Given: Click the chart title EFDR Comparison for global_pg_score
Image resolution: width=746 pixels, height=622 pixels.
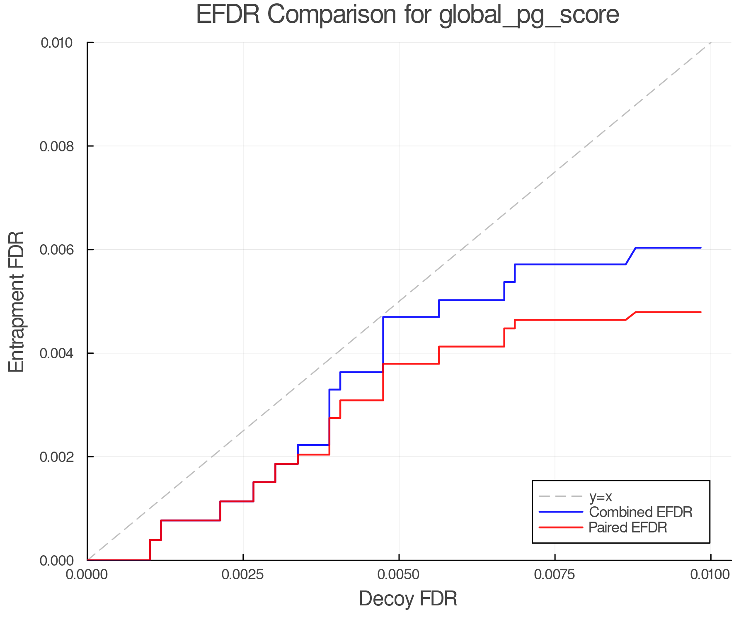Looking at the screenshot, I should point(407,15).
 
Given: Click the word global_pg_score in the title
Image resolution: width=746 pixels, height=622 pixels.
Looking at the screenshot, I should point(529,15).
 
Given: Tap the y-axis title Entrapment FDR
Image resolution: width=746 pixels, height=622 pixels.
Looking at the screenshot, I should point(17,301).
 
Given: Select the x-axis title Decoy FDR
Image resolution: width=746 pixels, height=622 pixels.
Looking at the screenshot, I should point(408,599).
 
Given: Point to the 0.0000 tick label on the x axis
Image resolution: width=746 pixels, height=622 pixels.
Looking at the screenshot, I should point(87,575).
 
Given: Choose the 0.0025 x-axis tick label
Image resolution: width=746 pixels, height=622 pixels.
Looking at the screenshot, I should point(243,575).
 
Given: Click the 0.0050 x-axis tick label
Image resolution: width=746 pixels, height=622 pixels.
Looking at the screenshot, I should point(399,575).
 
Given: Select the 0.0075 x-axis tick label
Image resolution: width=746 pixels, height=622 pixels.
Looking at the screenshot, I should point(555,575).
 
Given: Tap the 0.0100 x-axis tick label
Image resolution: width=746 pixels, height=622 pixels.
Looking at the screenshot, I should point(710,575).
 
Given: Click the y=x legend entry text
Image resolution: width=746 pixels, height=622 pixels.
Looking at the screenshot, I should point(601,497).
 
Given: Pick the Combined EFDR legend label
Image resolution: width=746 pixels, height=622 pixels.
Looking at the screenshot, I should point(641,512).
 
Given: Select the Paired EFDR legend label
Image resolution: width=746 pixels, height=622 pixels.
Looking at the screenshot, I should point(628,527).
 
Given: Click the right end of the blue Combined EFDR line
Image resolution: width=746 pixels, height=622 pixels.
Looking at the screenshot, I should point(700,248).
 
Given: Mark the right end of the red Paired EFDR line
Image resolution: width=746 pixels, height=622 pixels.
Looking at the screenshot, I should point(700,312).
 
